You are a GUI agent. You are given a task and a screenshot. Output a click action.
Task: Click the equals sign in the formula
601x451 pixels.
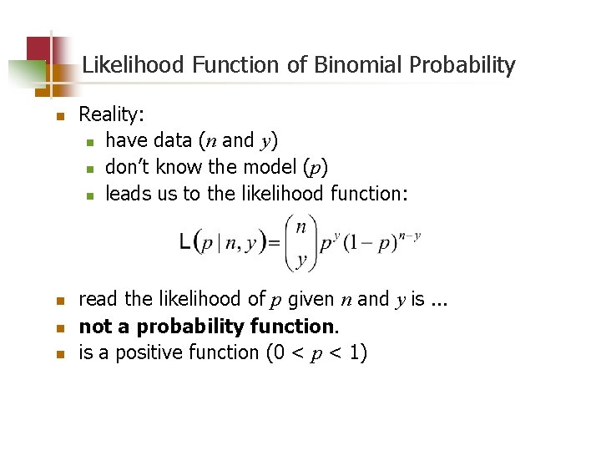(x=273, y=243)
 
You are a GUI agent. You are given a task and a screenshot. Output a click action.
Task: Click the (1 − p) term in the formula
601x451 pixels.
(x=373, y=244)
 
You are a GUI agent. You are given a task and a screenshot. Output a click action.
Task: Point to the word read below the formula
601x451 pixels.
(x=97, y=299)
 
